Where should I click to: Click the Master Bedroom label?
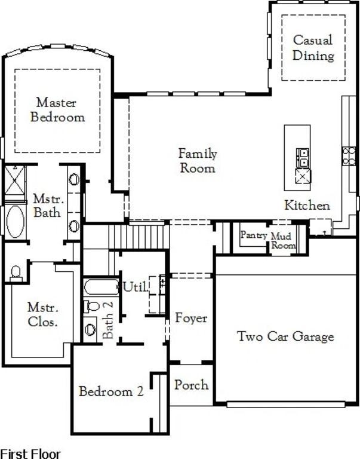[x=57, y=110]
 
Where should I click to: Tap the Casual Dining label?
[x=313, y=48]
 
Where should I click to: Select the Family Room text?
[x=198, y=161]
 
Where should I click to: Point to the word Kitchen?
[x=307, y=205]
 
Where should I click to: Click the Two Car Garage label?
[x=285, y=336]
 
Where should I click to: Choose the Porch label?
[x=192, y=385]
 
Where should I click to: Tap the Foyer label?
[x=191, y=318]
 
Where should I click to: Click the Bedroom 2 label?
[x=111, y=391]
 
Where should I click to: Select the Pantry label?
[x=254, y=235]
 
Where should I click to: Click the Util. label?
[x=136, y=287]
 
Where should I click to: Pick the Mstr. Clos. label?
[x=43, y=315]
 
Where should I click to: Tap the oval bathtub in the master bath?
[x=16, y=221]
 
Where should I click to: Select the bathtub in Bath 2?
[x=101, y=287]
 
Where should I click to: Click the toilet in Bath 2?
[x=91, y=307]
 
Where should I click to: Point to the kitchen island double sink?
[x=303, y=158]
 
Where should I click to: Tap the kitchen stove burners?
[x=349, y=157]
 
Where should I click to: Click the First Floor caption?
[x=30, y=454]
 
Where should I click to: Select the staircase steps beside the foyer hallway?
[x=139, y=237]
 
